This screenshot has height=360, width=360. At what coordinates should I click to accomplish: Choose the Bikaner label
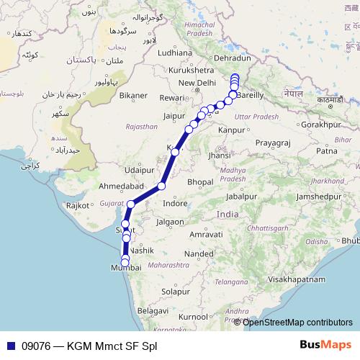[x=133, y=95]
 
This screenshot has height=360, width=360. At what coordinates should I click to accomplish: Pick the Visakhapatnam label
[x=297, y=278]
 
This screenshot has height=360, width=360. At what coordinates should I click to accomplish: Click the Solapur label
[x=176, y=292]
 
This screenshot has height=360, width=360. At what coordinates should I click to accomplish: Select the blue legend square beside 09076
[x=9, y=346]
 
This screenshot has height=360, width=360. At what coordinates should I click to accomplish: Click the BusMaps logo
[x=326, y=346]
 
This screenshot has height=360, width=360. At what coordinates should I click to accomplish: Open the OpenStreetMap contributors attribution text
[x=297, y=322]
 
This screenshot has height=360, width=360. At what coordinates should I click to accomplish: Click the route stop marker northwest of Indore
[x=161, y=186]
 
